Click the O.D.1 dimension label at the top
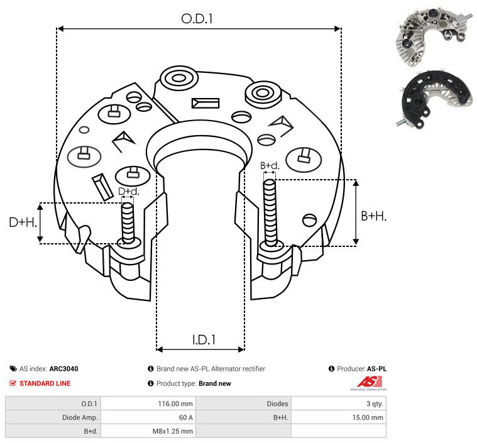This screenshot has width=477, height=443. pyautogui.click(x=197, y=19)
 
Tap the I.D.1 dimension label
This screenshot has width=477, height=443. pyautogui.click(x=204, y=340)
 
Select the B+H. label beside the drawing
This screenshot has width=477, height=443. pyautogui.click(x=374, y=216)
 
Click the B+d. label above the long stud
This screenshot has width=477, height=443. pyautogui.click(x=269, y=166)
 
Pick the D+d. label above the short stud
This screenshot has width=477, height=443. pyautogui.click(x=128, y=191)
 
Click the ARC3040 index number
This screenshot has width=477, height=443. pyautogui.click(x=63, y=369)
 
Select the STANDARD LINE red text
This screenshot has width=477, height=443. pyautogui.click(x=45, y=383)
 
